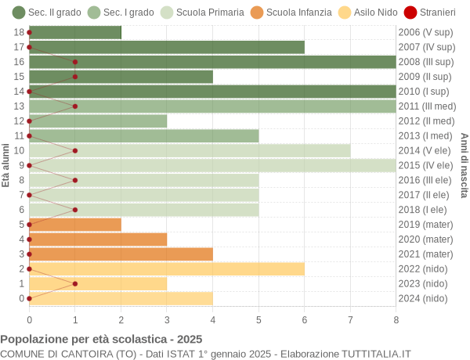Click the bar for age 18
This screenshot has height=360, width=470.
pos(75,32)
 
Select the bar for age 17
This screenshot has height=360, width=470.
pos(167,47)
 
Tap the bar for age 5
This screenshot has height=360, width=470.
pos(75,225)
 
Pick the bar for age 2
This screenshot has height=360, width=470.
pos(167,268)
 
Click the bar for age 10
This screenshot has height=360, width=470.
pos(190,150)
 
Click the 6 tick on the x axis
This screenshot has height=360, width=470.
pos(305,319)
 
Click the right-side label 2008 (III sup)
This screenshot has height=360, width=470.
pos(425,62)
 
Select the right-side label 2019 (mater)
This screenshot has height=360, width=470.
pos(425,225)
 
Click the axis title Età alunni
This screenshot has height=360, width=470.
pos(6,165)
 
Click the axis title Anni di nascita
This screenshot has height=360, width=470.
pos(464,165)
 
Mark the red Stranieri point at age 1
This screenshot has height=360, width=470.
pos(75,283)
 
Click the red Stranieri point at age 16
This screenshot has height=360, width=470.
pos(75,62)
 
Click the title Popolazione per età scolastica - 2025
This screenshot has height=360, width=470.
pos(101,340)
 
